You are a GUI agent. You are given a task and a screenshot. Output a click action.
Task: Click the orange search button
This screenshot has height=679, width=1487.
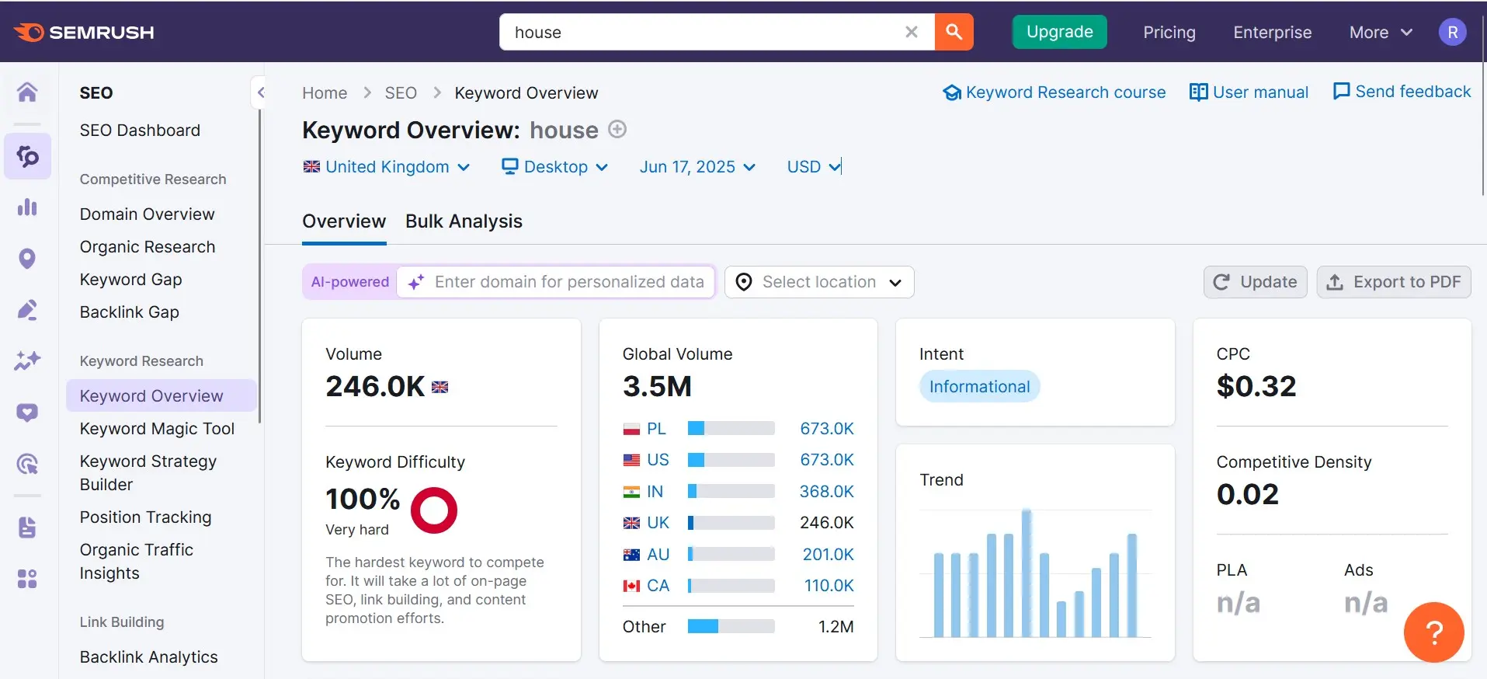coord(954,32)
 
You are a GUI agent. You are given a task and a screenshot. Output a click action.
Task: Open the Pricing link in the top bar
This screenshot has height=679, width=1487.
coord(1169,33)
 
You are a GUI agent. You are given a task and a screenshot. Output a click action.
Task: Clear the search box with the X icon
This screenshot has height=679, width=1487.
coord(912,32)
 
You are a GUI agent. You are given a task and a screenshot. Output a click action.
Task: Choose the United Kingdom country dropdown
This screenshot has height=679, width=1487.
coord(387,167)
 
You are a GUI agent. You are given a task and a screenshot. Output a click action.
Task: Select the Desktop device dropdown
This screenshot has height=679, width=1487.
coord(555,167)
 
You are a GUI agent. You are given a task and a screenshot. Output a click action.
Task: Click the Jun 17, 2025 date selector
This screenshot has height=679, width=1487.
coord(697,167)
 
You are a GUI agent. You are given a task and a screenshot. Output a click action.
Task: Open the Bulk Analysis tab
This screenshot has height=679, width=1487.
coord(464,221)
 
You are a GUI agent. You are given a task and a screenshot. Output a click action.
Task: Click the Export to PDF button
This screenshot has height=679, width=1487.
coord(1394,282)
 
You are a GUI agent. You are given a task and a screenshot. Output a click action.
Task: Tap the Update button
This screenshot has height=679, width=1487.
coord(1255,282)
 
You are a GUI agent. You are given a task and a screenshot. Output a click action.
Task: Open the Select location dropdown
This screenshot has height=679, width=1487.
coord(818,282)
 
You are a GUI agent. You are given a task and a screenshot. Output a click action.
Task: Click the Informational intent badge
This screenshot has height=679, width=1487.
coord(979,387)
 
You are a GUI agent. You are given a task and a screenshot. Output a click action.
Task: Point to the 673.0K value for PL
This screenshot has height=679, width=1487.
coord(826,429)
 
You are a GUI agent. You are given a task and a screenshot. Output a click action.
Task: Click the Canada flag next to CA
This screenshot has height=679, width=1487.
coord(631,586)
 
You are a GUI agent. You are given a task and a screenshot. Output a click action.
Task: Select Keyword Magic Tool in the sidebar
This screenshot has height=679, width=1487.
coord(157,429)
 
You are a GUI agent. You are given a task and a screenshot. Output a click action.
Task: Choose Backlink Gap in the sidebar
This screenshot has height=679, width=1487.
coord(130,312)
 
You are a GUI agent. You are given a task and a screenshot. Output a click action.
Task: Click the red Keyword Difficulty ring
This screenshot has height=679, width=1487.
coord(433,510)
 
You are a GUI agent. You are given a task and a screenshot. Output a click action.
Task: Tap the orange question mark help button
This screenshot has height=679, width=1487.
coord(1433,632)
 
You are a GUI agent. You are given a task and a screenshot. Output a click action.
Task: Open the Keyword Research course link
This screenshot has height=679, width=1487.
coord(1054,92)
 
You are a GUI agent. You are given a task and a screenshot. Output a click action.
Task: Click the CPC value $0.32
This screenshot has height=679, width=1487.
coord(1256,387)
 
